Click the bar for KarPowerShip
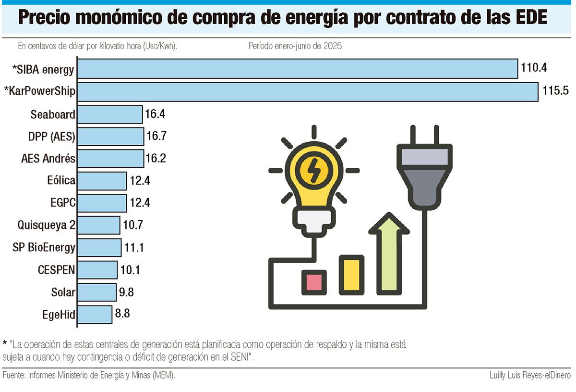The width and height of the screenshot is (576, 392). click(x=307, y=91)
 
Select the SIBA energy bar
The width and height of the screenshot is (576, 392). click(x=298, y=69)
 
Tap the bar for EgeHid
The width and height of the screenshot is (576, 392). click(x=95, y=315)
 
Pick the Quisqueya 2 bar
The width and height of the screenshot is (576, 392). click(x=98, y=225)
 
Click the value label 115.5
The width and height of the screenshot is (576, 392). click(x=555, y=91)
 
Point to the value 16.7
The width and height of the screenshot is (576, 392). click(x=156, y=137)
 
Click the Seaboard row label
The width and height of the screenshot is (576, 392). click(x=53, y=114)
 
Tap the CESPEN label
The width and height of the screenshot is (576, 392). click(x=56, y=270)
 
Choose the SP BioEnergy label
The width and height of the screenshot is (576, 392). click(x=44, y=247)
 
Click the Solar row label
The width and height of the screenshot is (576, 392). click(x=63, y=292)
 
